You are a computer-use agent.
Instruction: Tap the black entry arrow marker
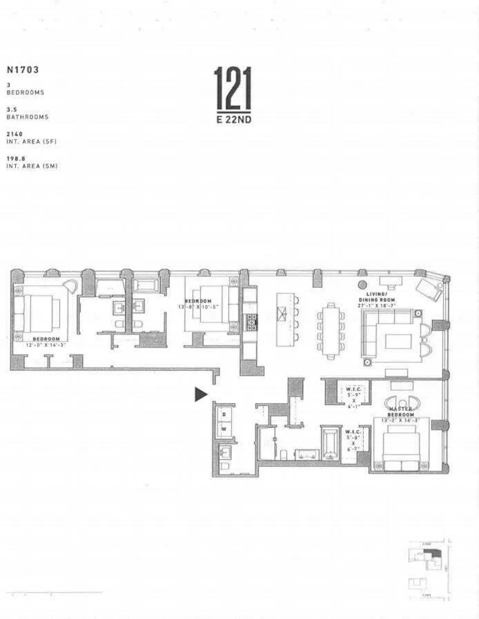(x=200, y=394)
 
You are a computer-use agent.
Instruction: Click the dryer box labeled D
(x=223, y=415)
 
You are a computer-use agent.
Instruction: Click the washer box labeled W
(x=223, y=428)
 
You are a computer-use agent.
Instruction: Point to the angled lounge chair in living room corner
(x=429, y=289)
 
